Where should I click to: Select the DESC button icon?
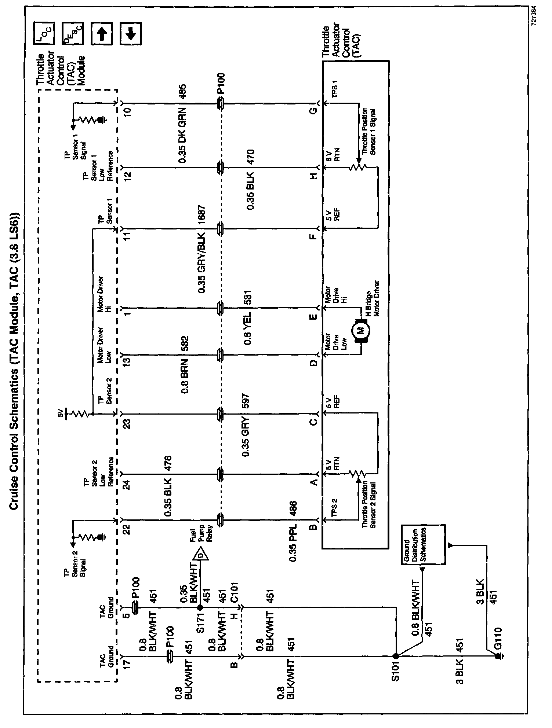coord(73,33)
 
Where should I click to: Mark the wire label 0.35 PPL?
coord(293,545)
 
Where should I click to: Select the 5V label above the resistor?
coord(61,415)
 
